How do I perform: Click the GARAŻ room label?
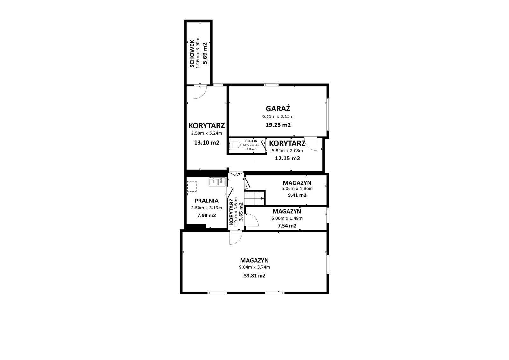(x=278, y=109)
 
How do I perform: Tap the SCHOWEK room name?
(x=192, y=54)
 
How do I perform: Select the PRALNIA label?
(x=206, y=201)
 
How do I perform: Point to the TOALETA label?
(x=251, y=141)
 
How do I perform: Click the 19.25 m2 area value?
(x=278, y=125)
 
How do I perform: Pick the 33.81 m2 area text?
(x=254, y=276)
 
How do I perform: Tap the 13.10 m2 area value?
(x=206, y=143)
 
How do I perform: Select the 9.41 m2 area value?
(x=297, y=195)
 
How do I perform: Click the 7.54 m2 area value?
(x=287, y=226)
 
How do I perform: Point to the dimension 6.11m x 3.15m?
(x=278, y=117)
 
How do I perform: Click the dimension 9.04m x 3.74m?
(x=254, y=267)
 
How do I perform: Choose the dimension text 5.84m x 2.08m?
(x=287, y=151)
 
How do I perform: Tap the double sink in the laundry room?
(x=217, y=182)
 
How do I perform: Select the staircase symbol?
(x=254, y=198)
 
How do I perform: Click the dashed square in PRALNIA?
(x=192, y=186)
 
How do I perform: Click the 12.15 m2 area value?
(x=288, y=158)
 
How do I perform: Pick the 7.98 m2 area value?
(x=206, y=215)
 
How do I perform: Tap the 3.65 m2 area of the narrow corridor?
(x=241, y=212)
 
